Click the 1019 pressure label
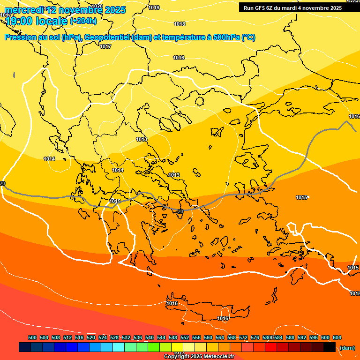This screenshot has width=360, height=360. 154,7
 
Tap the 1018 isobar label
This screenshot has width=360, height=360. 180,24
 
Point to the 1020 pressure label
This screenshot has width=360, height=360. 97,6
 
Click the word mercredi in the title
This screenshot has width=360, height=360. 24,9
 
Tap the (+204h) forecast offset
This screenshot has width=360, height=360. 83,21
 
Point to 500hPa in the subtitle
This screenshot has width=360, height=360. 226,37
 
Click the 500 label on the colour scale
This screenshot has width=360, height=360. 32,337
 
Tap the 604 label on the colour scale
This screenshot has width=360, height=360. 337,337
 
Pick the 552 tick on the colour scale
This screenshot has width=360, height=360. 185,337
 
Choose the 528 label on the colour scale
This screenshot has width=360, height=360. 114,337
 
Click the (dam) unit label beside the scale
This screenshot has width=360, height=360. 347,348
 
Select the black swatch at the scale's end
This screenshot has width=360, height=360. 330,347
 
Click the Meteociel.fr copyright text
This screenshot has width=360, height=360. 216,357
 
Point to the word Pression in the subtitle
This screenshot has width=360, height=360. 19,37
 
